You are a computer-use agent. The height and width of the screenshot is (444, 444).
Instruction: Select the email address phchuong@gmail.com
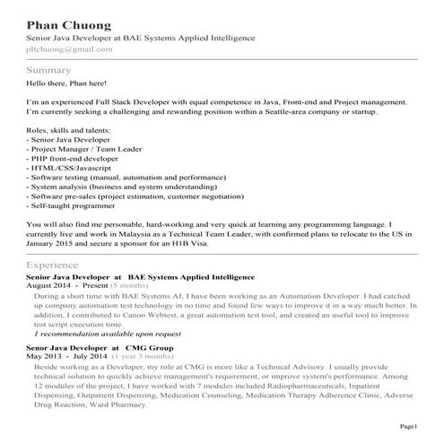tap(70, 50)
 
